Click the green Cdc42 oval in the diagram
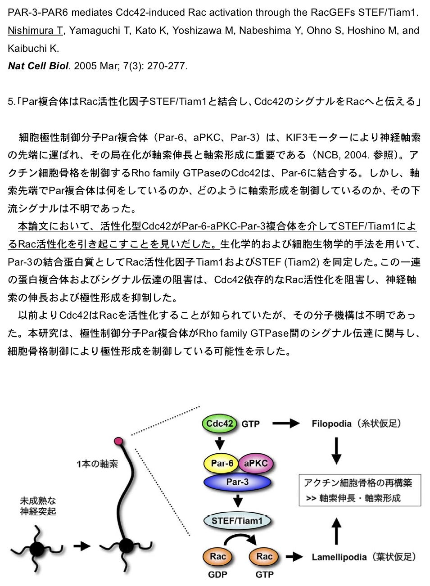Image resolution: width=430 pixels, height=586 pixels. coord(219,423)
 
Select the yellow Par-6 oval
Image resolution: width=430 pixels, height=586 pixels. coord(222,463)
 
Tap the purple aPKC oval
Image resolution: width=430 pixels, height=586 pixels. coord(256,463)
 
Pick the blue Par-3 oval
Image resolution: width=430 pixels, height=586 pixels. coord(237,482)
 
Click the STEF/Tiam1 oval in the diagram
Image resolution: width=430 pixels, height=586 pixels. coord(237,521)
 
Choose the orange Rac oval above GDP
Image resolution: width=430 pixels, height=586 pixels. coord(218,556)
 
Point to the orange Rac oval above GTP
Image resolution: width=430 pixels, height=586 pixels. coord(264,556)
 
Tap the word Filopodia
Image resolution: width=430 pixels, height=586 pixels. coord(331,424)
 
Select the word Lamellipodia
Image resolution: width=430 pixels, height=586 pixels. coord(339,557)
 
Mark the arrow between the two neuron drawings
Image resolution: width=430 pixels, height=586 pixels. coord(82,546)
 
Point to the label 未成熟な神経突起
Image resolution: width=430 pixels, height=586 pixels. coord(38,506)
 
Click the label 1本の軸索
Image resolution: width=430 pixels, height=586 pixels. coord(97,464)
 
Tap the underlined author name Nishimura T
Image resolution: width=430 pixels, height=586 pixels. coord(35,31)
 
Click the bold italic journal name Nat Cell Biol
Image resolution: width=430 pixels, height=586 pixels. coord(38,66)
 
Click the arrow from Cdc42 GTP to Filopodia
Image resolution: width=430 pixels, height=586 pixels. coord(286,423)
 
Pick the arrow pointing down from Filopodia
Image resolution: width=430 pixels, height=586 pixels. coord(336,451)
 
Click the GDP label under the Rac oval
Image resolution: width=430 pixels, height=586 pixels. coord(217,575)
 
